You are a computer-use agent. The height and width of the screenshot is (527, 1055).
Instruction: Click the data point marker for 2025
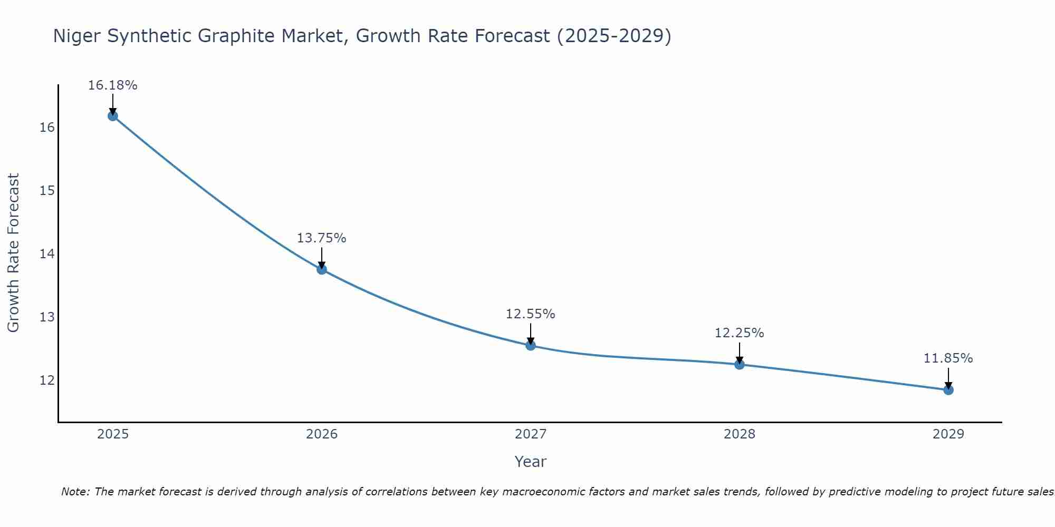point(112,116)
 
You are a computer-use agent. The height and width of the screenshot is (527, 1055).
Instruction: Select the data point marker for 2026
point(322,269)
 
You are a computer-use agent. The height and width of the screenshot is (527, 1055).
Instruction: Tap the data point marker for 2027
point(531,346)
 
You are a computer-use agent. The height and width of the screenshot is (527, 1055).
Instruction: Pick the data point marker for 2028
point(740,364)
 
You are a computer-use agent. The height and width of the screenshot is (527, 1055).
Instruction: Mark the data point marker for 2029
point(948,390)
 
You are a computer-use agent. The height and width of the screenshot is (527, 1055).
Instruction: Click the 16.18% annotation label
point(112,85)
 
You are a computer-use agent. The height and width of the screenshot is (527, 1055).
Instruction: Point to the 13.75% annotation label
point(321,238)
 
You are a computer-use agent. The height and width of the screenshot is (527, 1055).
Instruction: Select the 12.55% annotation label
point(530,314)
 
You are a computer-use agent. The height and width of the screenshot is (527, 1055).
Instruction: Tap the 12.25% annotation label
point(739,333)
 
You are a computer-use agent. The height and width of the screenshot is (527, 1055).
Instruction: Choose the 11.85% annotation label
point(948,358)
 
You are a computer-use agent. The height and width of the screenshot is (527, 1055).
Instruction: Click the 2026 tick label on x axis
point(322,434)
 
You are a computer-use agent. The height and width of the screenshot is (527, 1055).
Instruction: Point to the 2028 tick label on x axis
point(740,434)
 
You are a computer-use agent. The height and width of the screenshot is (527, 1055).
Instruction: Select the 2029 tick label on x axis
point(948,434)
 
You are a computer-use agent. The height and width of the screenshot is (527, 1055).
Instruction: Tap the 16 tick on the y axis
point(47,128)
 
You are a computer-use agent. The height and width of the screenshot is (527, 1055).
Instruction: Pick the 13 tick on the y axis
point(47,317)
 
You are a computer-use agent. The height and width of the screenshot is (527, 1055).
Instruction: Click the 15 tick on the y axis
point(47,191)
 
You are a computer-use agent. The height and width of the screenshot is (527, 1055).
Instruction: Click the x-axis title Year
point(530,462)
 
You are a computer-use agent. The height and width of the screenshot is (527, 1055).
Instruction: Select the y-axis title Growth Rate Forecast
point(14,253)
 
